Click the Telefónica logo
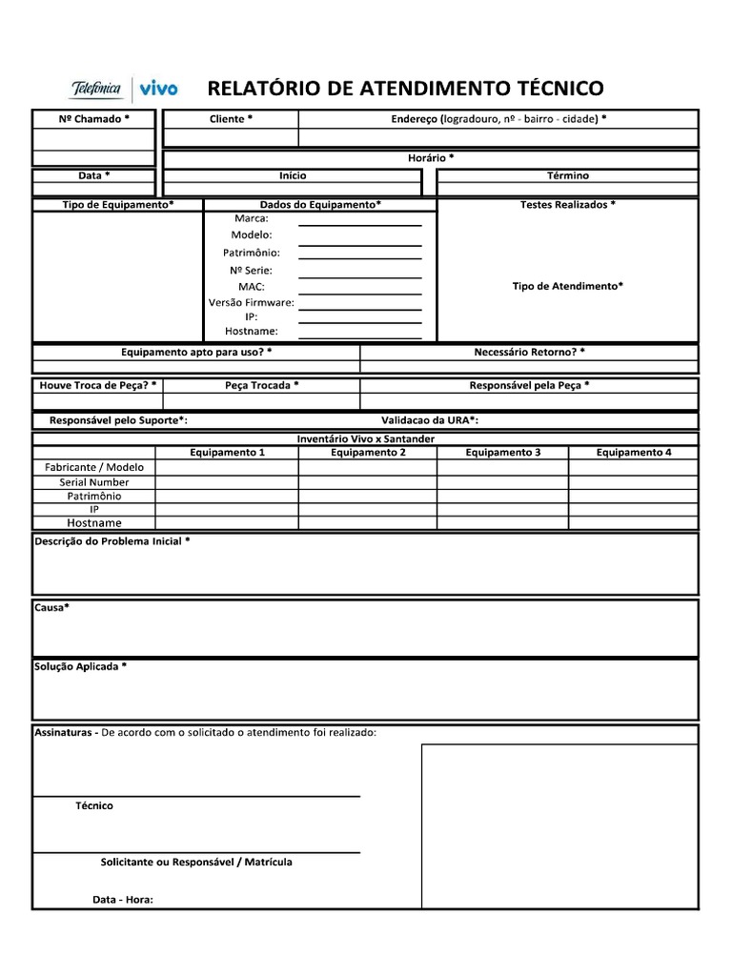pyautogui.click(x=96, y=89)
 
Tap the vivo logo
pyautogui.click(x=160, y=89)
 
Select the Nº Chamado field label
pyautogui.click(x=94, y=119)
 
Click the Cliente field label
pyautogui.click(x=231, y=119)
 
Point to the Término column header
pyautogui.click(x=568, y=175)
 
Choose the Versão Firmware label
pyautogui.click(x=252, y=302)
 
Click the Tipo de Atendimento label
pyautogui.click(x=567, y=286)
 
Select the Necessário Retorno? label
pyautogui.click(x=529, y=352)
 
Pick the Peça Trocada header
pyautogui.click(x=262, y=385)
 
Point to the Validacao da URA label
pyautogui.click(x=430, y=419)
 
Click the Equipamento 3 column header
pyautogui.click(x=503, y=452)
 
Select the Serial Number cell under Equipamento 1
pyautogui.click(x=227, y=482)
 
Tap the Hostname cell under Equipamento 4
pyautogui.click(x=633, y=522)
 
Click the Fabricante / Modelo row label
pyautogui.click(x=94, y=467)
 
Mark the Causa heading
pyautogui.click(x=52, y=607)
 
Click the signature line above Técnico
pyautogui.click(x=197, y=795)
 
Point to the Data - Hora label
pyautogui.click(x=122, y=899)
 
